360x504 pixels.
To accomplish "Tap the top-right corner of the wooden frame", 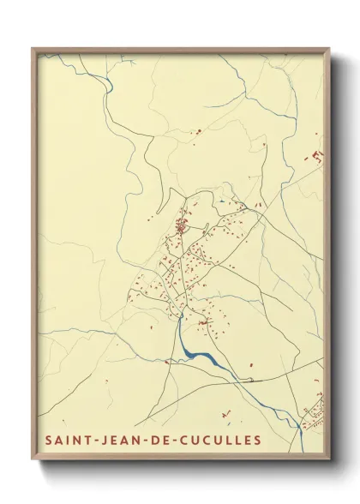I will pyautogui.click(x=328, y=49).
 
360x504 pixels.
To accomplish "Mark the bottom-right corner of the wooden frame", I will pyautogui.click(x=328, y=461).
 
